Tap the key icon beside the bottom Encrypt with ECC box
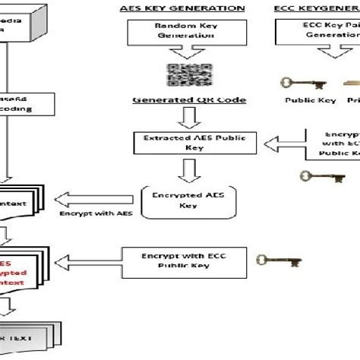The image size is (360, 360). pyautogui.click(x=269, y=261)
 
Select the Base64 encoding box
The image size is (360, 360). pyautogui.click(x=27, y=103)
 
